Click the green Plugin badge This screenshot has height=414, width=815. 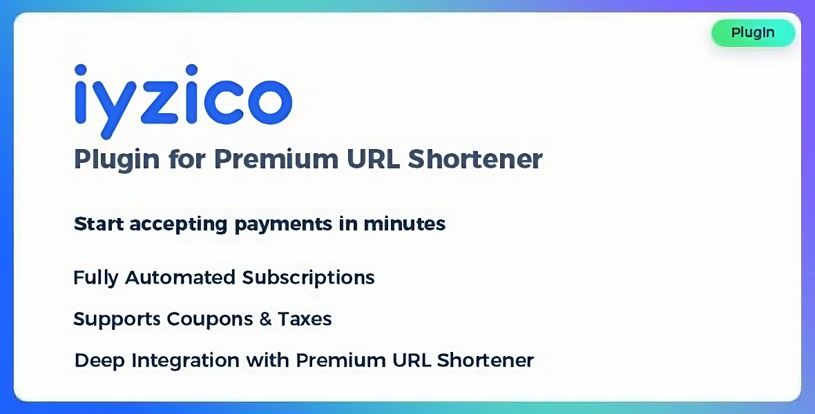(753, 32)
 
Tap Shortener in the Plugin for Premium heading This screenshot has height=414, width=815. (475, 159)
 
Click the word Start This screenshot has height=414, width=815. (98, 224)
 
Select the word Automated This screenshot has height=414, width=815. (180, 277)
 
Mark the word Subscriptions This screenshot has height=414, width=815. (308, 278)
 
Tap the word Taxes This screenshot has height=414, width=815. (305, 319)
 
